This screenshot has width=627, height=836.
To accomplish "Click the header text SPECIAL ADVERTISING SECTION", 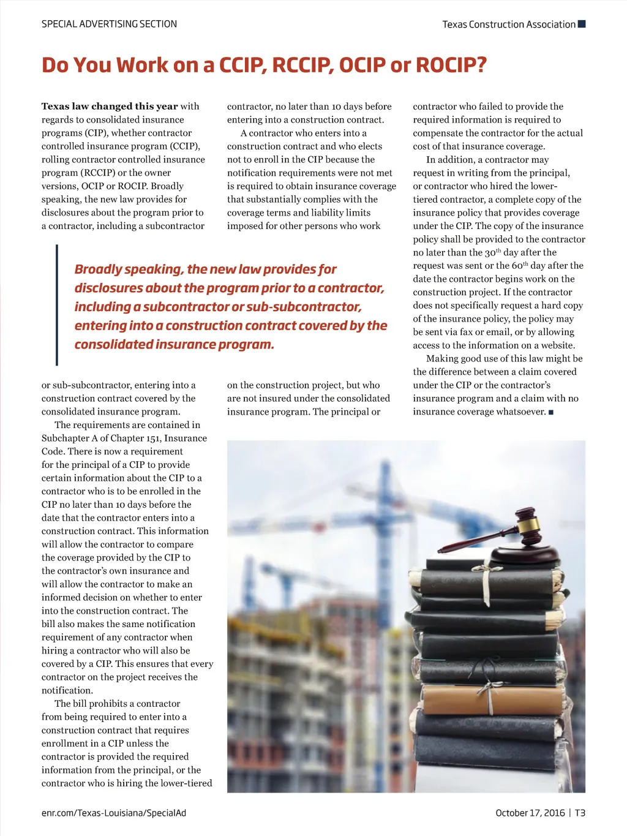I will [109, 24].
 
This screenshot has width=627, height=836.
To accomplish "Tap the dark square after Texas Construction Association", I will [582, 24].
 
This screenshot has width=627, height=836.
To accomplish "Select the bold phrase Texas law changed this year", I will [110, 106].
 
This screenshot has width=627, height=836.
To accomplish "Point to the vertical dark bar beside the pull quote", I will [56, 304].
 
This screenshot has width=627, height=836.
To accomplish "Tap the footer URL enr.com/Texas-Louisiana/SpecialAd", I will [113, 813].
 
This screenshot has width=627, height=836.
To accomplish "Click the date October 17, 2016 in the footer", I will [530, 813].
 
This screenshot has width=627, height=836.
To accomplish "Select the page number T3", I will [580, 813].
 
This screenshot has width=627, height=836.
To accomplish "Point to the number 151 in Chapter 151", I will [154, 438].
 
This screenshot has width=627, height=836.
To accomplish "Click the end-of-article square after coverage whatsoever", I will [551, 412].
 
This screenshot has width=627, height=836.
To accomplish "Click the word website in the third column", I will [557, 345].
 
